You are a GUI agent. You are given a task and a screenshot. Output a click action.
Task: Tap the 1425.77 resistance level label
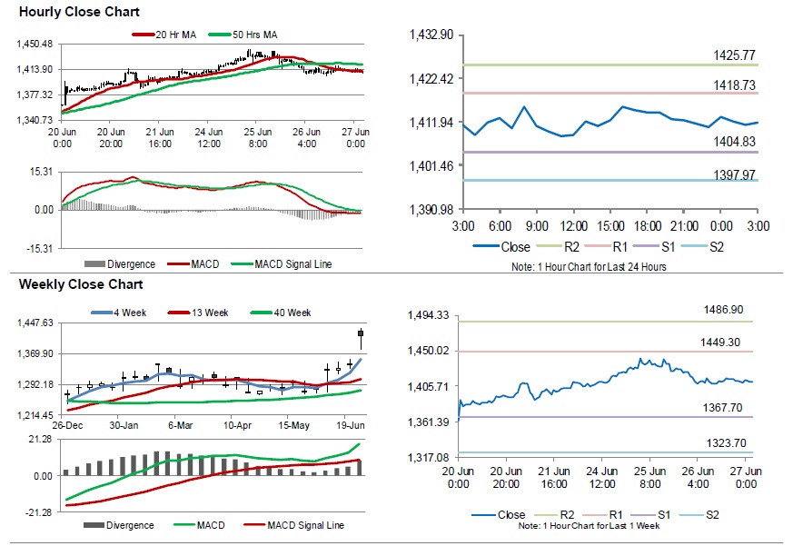(734, 55)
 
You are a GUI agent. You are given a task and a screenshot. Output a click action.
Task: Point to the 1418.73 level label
(734, 84)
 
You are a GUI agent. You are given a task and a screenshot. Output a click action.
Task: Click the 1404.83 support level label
(734, 142)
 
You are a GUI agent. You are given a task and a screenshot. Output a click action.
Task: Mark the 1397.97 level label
(734, 174)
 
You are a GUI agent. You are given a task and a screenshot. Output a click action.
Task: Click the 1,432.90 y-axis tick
(432, 35)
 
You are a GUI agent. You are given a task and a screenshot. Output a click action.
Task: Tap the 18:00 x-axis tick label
(647, 224)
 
